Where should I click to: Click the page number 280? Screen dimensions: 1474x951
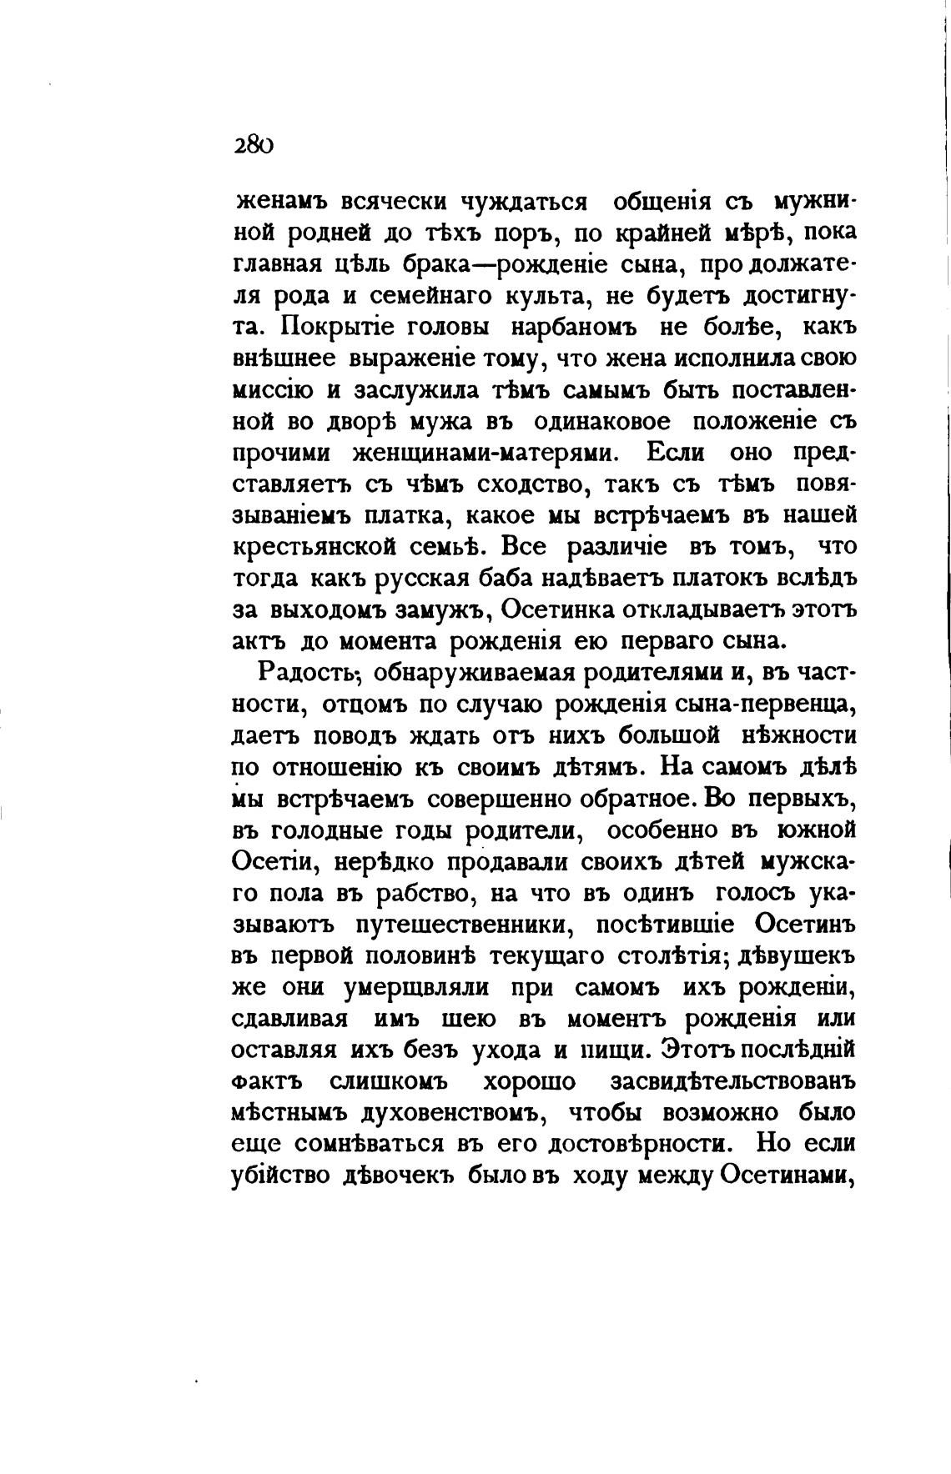coord(254,144)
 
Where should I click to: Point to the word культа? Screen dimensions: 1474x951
coord(552,295)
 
